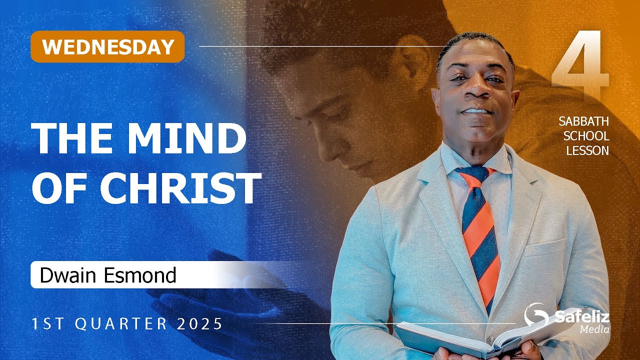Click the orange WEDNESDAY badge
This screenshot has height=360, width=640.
(x=107, y=46)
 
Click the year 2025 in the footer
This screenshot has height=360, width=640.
(x=199, y=324)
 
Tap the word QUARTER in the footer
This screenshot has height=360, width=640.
(x=121, y=324)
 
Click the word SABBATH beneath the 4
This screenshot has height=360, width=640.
(x=584, y=122)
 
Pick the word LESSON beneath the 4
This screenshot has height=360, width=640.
(x=587, y=150)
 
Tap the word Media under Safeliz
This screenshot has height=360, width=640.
(x=594, y=329)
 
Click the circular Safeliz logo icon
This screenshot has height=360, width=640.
(x=535, y=314)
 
